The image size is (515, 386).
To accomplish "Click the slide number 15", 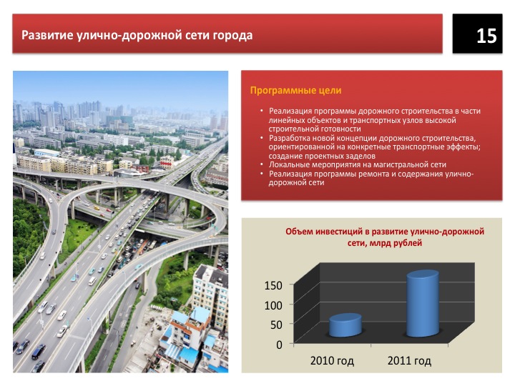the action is (x=486, y=36).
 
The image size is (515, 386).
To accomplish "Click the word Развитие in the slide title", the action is (x=46, y=35).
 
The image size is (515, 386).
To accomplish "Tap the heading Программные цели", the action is (x=295, y=90).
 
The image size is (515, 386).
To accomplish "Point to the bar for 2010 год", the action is (x=345, y=325).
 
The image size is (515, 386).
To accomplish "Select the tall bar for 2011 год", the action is (x=423, y=303).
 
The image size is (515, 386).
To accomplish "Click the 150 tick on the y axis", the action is (x=273, y=285).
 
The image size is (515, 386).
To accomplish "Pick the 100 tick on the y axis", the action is (x=273, y=305).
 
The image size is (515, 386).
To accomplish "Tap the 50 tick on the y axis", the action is (x=276, y=325).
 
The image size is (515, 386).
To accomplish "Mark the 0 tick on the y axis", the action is (x=279, y=345).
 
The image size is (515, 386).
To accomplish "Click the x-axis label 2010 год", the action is (x=332, y=361).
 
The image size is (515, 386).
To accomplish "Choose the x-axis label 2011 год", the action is (x=409, y=361).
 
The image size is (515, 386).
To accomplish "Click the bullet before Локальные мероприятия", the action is (x=262, y=164).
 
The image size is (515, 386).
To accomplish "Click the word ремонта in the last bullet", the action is (x=373, y=174).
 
